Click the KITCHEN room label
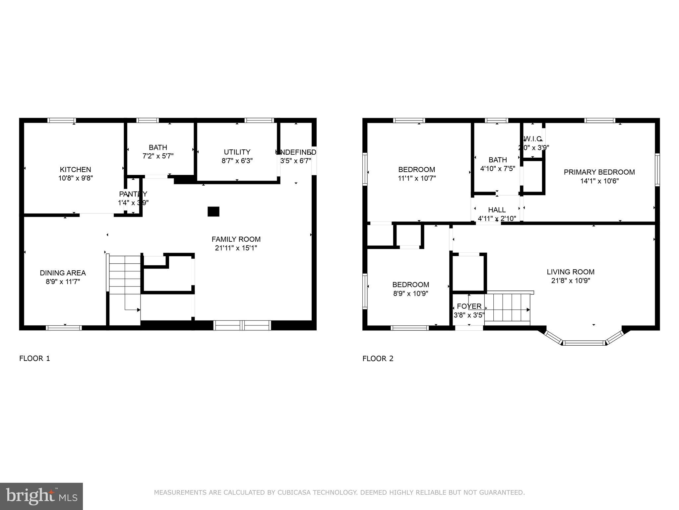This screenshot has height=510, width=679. [75, 169]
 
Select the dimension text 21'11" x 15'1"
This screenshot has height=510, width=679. [236, 248]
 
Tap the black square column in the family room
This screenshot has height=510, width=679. [213, 212]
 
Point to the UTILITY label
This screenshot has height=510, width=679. [237, 152]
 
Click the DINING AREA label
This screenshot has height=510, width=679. [63, 273]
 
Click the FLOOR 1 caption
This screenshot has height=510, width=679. [34, 358]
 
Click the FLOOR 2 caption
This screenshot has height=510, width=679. [378, 358]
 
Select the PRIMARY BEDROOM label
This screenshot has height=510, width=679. [599, 172]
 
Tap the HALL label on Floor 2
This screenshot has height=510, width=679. [497, 210]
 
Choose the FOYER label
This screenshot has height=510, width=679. [469, 306]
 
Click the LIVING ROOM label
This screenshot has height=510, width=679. [570, 272]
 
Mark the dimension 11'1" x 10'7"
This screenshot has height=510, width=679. [416, 178]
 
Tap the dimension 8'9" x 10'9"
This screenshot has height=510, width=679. [410, 294]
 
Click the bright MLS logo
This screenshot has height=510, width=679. [41, 496]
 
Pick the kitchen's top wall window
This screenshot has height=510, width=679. [62, 121]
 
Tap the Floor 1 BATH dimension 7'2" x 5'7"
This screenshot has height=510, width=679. [158, 156]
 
